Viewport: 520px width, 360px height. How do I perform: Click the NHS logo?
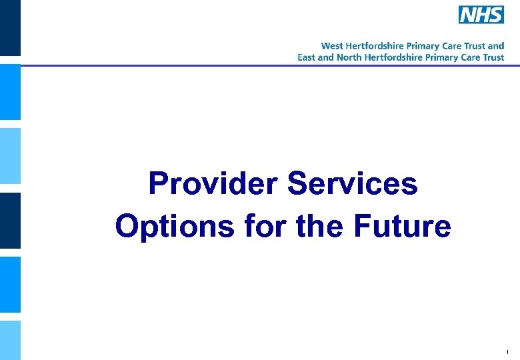tap(481, 15)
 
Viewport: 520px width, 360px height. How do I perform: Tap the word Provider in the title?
tap(213, 183)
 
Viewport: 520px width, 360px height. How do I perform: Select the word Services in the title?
tap(353, 183)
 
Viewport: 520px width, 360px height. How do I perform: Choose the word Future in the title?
tap(402, 227)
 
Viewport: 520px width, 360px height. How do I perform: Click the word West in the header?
tap(332, 46)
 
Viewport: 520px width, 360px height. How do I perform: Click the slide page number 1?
tap(508, 351)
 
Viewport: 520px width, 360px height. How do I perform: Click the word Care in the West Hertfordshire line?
tap(450, 46)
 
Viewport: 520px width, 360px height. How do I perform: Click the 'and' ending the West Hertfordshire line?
tap(497, 46)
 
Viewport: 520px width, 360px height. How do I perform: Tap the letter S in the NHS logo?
tap(495, 15)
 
